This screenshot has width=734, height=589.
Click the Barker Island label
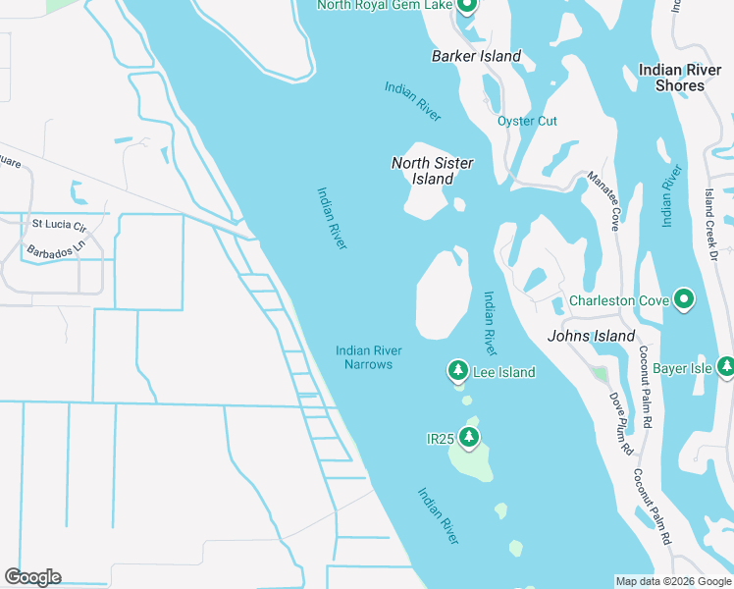coord(476,56)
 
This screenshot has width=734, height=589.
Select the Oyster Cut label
coord(527,121)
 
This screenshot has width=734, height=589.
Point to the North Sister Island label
coord(432,171)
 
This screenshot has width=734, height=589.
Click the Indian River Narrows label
coord(368,357)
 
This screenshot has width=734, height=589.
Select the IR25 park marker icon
coord(470,436)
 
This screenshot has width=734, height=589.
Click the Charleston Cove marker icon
coord(684,298)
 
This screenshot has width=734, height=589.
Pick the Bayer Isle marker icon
coord(726,368)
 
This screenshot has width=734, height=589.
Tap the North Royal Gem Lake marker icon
coord(466,7)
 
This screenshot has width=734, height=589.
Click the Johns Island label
coord(592,336)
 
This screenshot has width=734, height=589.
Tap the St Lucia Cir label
coord(59,224)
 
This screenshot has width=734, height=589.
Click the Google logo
coord(32,577)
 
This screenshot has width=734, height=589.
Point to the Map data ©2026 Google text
coord(672,581)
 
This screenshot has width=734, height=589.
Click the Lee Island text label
coord(503,372)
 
